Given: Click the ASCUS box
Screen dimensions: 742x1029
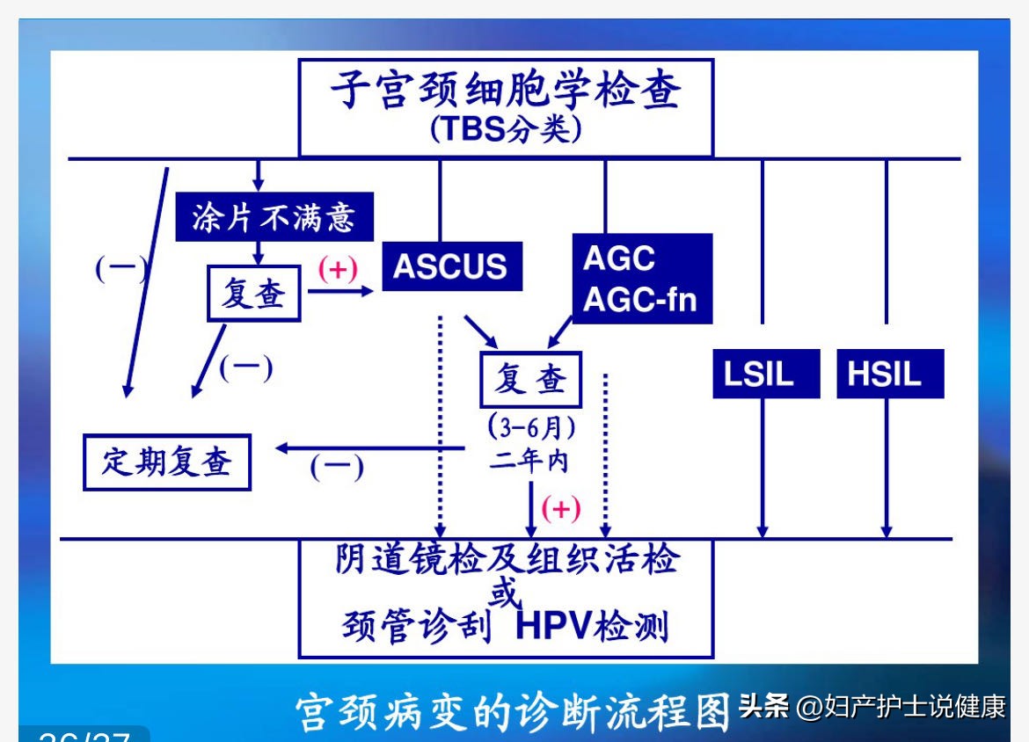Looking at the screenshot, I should click(x=451, y=266).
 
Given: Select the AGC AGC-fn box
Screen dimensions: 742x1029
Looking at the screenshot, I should click(x=641, y=279).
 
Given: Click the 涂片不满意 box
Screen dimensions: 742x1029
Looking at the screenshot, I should click(x=274, y=216).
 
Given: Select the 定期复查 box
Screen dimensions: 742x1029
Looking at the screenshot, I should click(x=166, y=462).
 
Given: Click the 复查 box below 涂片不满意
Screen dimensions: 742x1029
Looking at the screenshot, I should click(x=253, y=293).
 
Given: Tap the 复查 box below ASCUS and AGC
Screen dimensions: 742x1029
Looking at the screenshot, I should click(x=530, y=381).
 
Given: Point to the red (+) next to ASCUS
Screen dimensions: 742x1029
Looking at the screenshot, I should click(x=338, y=269).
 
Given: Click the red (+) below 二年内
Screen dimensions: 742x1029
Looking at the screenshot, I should click(x=560, y=508).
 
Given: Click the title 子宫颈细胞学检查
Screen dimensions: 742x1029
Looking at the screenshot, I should click(x=505, y=91).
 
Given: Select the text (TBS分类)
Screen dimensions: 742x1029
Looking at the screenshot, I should click(x=505, y=130).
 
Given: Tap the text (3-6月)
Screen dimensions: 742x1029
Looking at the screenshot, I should click(x=531, y=428).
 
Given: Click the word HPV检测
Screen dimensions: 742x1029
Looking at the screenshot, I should click(x=591, y=628).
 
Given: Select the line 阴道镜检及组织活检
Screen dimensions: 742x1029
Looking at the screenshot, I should click(x=507, y=560).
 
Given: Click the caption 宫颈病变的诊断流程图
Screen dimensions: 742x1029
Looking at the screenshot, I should click(x=512, y=710).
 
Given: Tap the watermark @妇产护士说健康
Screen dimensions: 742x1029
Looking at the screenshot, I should click(x=900, y=707).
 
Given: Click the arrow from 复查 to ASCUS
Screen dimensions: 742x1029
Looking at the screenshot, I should click(x=341, y=290).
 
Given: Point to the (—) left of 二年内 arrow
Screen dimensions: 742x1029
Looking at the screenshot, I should click(x=336, y=467).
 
